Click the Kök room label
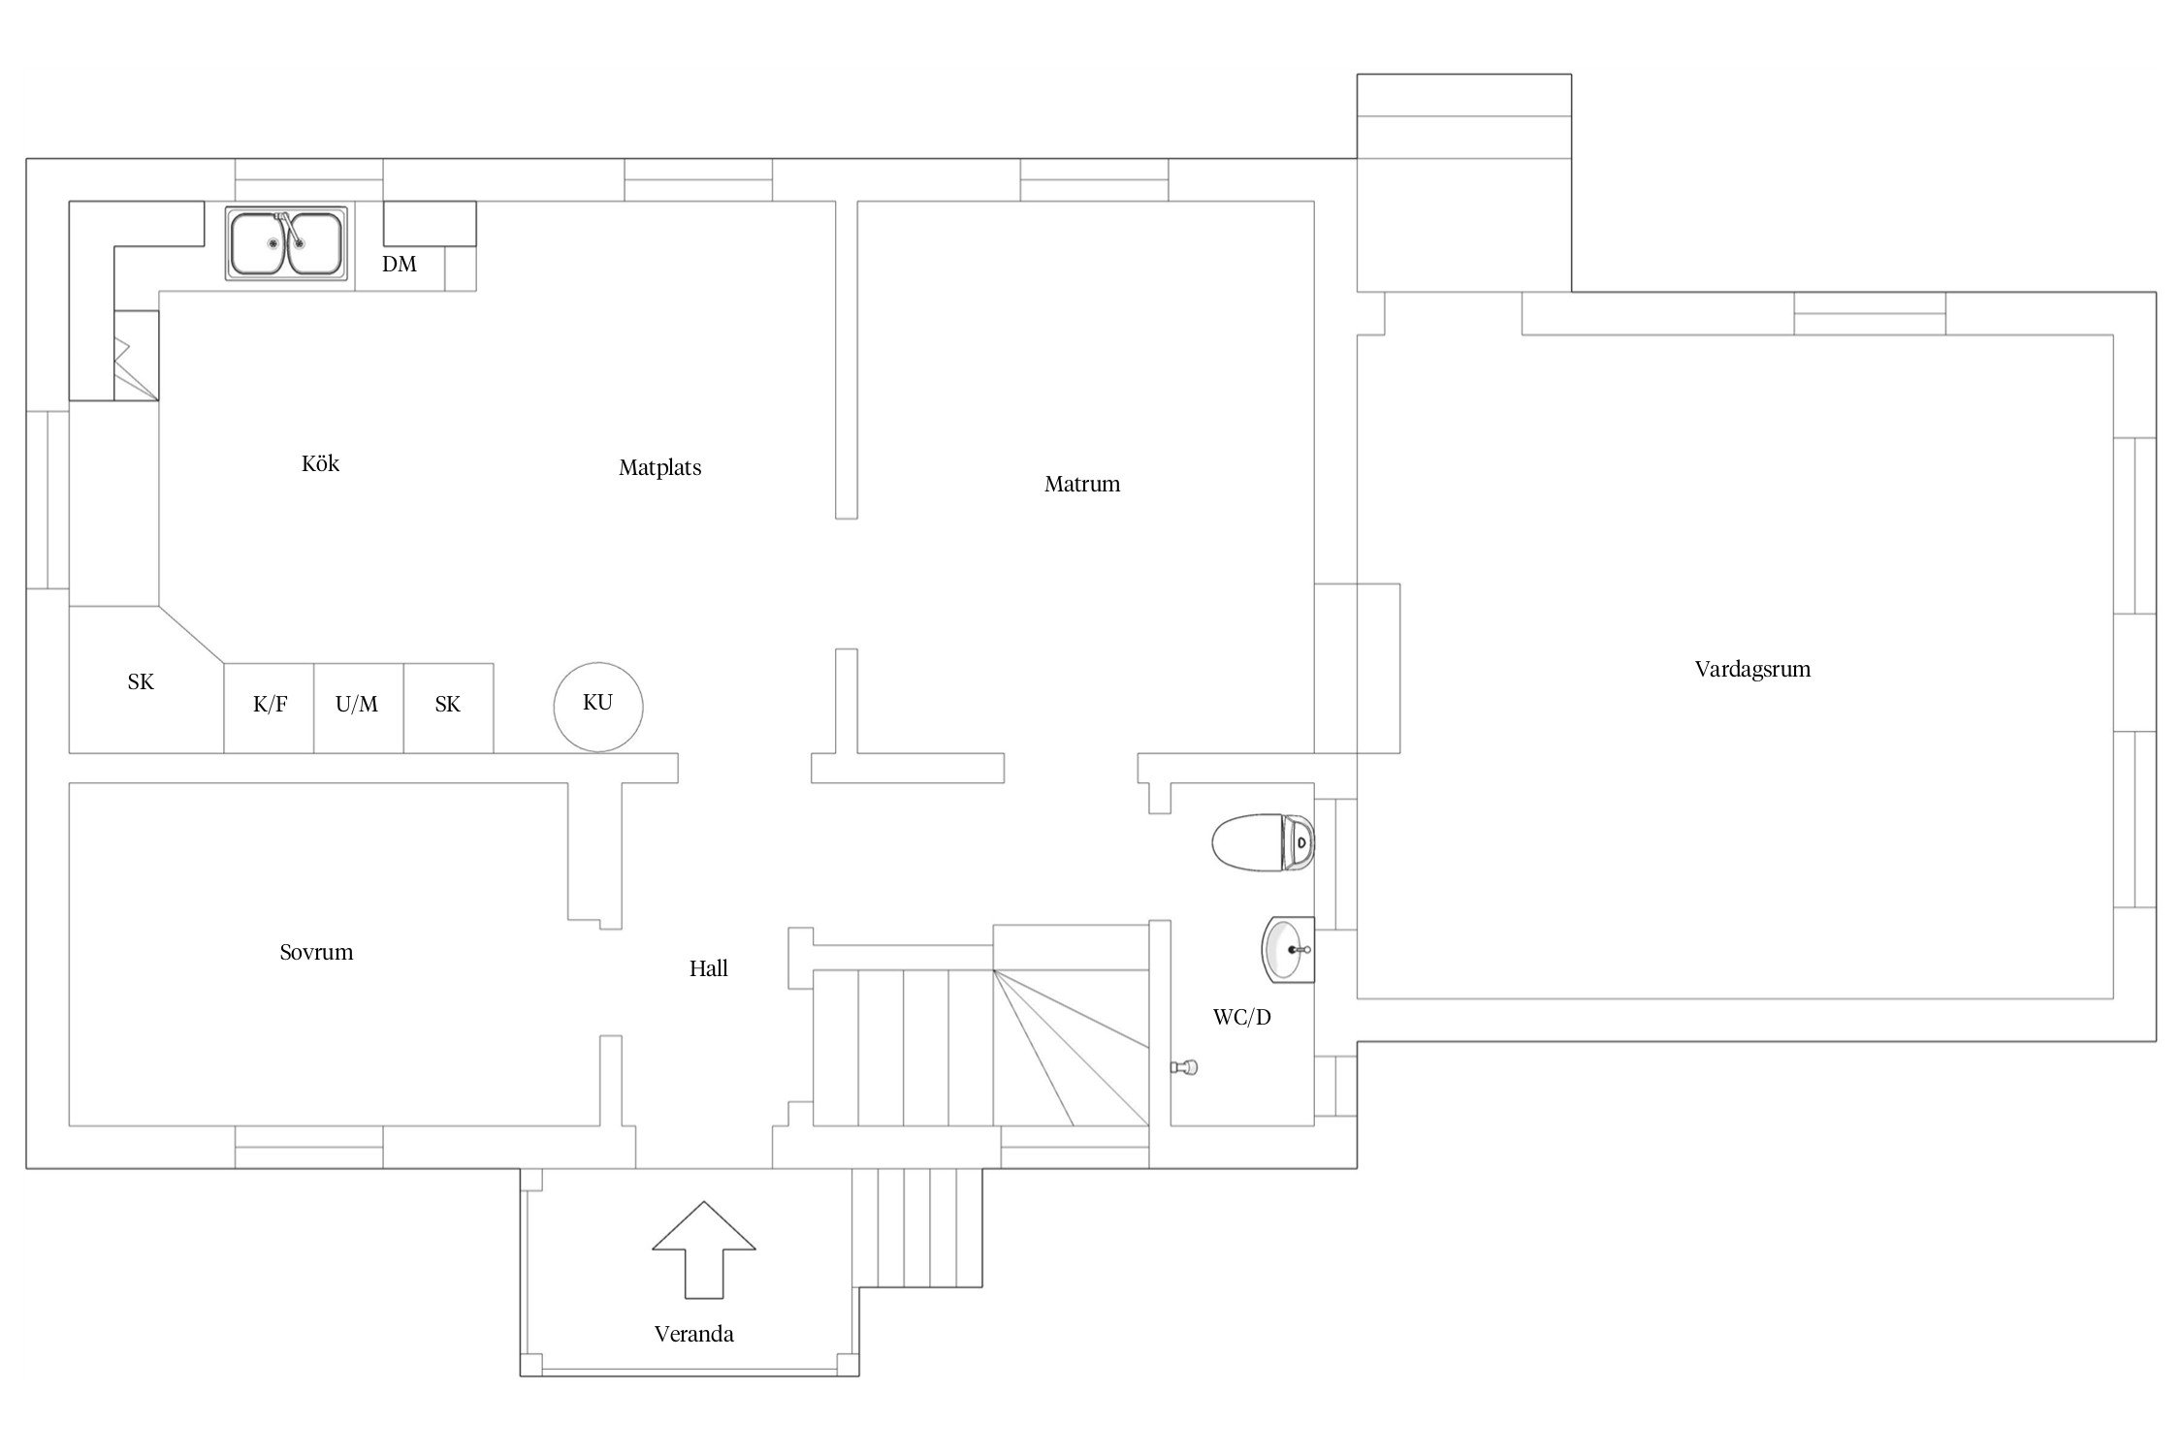320,463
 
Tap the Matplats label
659,467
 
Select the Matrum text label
1082,484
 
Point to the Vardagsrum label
1752,669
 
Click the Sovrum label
316,952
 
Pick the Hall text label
708,968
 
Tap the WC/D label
1241,1017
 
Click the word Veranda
693,1334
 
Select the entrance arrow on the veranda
703,1249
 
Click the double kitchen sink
287,243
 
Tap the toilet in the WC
1263,842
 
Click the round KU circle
597,707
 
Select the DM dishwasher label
399,264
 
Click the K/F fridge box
269,708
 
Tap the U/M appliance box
358,708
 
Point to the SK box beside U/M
448,708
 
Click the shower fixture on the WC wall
1184,1067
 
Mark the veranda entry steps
917,1227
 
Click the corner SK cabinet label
141,682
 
